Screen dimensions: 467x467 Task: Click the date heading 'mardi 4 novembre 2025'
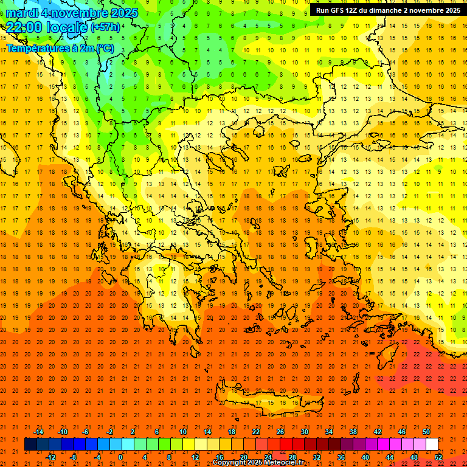(72, 13)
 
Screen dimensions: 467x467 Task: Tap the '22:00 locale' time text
(46, 27)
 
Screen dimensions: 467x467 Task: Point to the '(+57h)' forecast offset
(105, 28)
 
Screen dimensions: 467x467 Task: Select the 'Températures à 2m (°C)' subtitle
(60, 47)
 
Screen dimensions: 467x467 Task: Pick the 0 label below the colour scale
(120, 457)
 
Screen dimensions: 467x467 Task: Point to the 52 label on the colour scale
(438, 457)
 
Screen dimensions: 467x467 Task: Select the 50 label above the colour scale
(426, 432)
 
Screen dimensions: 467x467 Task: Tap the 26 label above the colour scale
(280, 432)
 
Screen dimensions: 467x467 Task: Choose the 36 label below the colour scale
(341, 457)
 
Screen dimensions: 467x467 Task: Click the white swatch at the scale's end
(432, 445)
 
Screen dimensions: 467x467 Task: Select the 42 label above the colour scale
(377, 432)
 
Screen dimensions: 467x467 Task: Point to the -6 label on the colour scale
(86, 432)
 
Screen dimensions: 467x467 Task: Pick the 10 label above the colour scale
(182, 432)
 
